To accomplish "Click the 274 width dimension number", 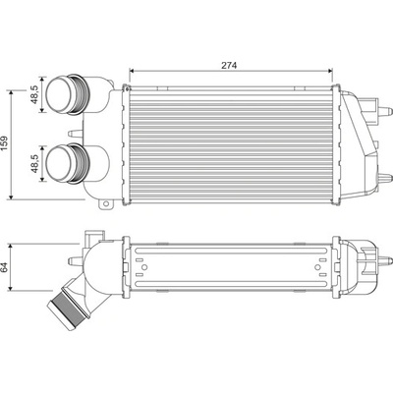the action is pyautogui.click(x=229, y=65).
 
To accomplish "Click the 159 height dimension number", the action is pyautogui.click(x=6, y=143).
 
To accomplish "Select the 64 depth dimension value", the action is pyautogui.click(x=5, y=267).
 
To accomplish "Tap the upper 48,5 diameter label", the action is pyautogui.click(x=35, y=93).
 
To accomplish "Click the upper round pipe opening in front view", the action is pyautogui.click(x=59, y=94).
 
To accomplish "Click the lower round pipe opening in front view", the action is pyautogui.click(x=59, y=163).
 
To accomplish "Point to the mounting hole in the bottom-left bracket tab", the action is pyautogui.click(x=105, y=204).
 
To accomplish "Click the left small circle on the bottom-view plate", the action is pyautogui.click(x=144, y=267).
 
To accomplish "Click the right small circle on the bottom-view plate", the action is pyautogui.click(x=317, y=267).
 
